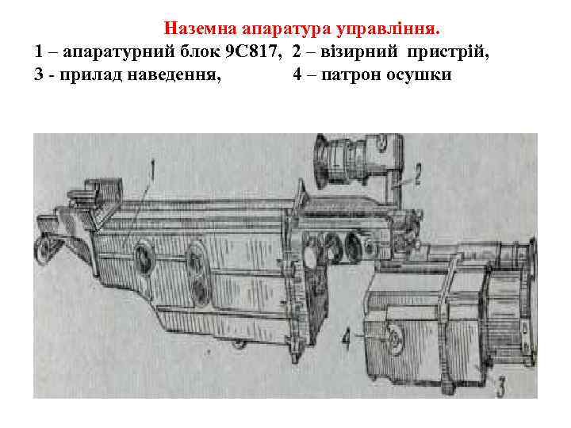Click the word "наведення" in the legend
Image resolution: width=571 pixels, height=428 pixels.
(x=185, y=77)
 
